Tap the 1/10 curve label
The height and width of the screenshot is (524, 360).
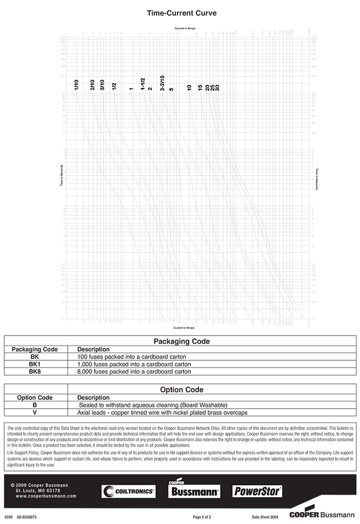(76, 85)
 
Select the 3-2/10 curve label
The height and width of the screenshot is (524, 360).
(163, 83)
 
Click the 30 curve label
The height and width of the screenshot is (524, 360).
(218, 88)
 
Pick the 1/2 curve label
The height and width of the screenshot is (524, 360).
(114, 86)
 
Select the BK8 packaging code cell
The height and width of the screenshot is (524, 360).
(34, 371)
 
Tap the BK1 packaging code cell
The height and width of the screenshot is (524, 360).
(34, 363)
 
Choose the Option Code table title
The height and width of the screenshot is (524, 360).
(182, 390)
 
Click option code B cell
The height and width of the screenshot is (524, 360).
(34, 405)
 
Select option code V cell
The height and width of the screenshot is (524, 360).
(34, 412)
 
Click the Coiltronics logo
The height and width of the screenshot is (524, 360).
(129, 492)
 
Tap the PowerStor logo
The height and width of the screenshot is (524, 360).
(258, 491)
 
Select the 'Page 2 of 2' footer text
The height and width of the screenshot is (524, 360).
(202, 516)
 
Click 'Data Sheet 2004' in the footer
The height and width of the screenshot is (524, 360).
(264, 516)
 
